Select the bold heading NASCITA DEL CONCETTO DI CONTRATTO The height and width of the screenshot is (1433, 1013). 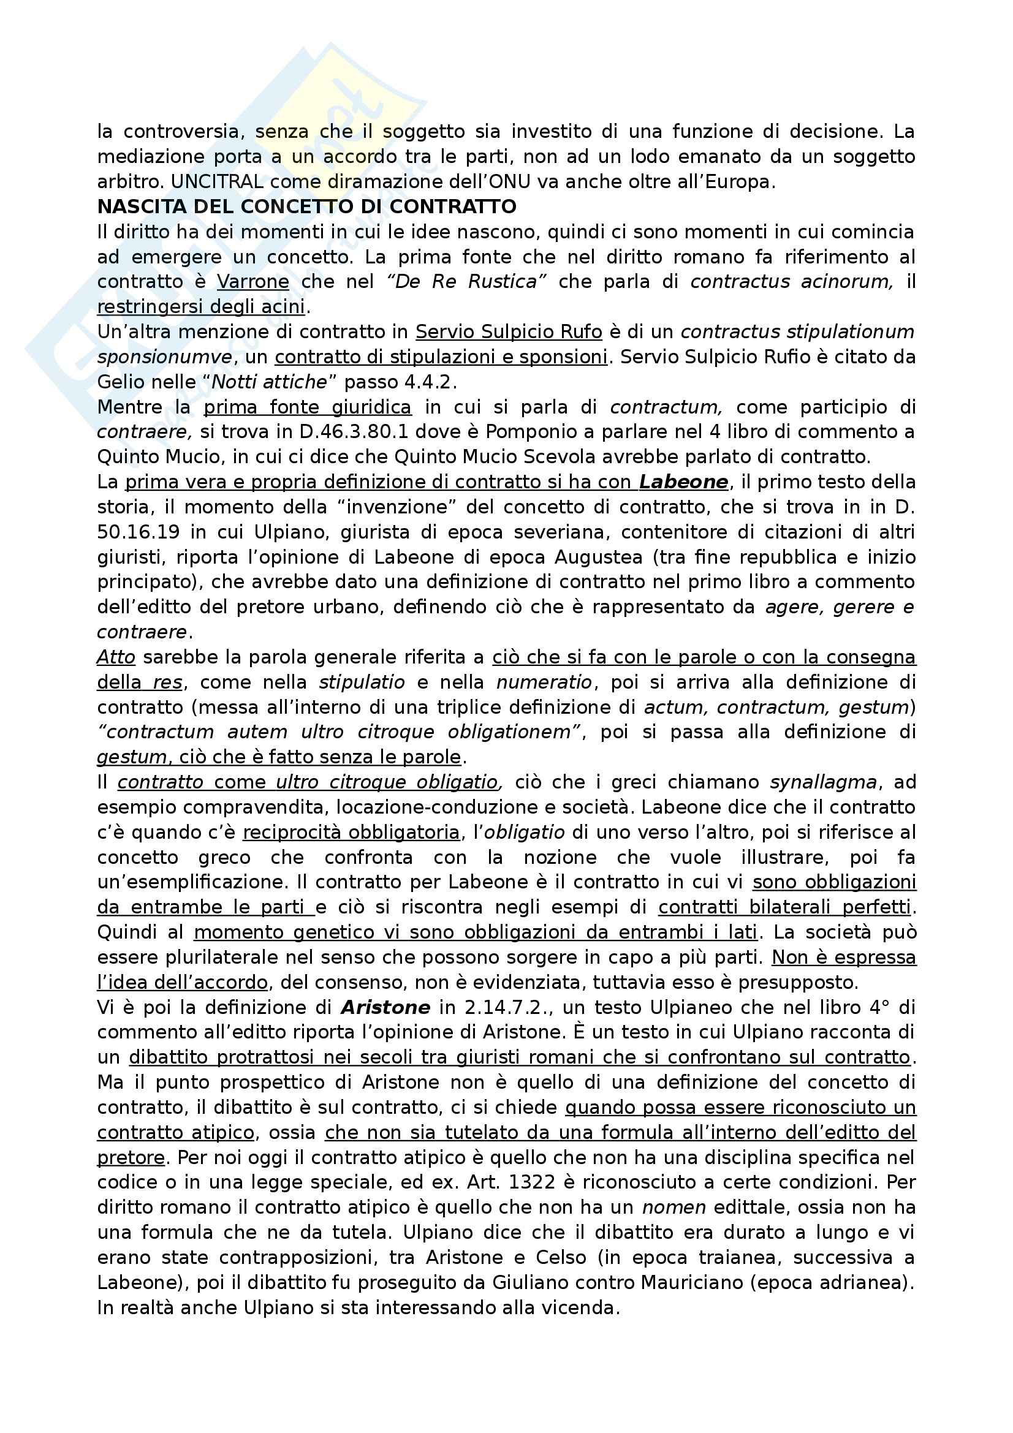306,206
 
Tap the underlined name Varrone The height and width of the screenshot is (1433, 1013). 252,282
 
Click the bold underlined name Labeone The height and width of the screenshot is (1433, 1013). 683,482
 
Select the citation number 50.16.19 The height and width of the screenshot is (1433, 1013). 138,532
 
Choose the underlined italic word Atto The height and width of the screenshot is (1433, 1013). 116,657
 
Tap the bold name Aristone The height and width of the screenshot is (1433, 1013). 385,1007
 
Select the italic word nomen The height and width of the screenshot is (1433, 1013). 674,1207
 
